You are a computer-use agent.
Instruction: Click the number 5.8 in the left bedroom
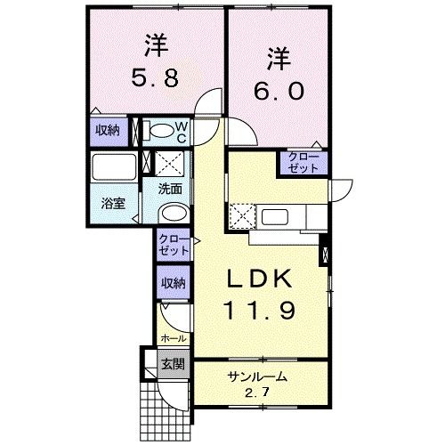155,77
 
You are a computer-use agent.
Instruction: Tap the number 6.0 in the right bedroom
279,91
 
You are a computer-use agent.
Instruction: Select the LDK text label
259,279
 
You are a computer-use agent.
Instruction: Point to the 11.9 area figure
260,311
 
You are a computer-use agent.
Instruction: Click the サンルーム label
257,376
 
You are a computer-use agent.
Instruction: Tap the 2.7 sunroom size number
257,392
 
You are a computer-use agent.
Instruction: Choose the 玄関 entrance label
173,364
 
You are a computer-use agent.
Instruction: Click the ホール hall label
174,338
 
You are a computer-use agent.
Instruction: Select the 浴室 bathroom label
113,204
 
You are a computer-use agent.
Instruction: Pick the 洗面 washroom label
170,189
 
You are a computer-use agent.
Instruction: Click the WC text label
182,133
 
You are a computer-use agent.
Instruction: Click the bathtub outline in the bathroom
114,166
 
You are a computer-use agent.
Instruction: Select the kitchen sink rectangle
275,217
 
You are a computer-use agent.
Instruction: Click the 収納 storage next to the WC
109,131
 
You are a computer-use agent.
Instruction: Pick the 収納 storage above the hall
174,282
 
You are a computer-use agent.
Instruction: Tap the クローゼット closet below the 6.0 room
303,163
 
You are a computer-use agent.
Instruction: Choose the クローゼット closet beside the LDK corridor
174,245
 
